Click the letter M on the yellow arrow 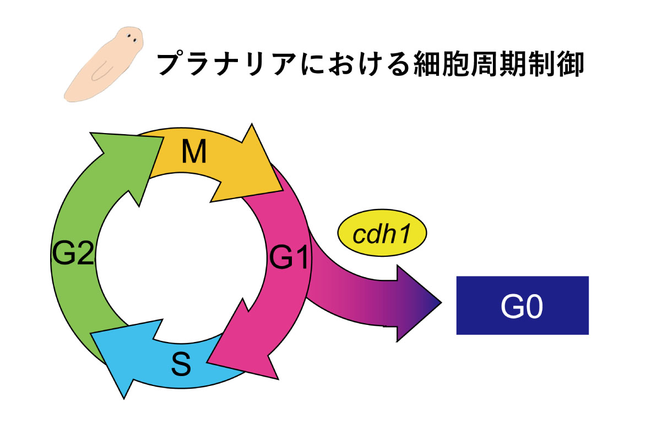pyautogui.click(x=194, y=152)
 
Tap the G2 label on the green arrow pyautogui.click(x=73, y=252)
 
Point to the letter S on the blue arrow pyautogui.click(x=181, y=363)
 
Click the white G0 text pyautogui.click(x=522, y=306)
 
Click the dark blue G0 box pyautogui.click(x=523, y=305)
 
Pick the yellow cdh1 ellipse pyautogui.click(x=382, y=233)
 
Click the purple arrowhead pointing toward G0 pyautogui.click(x=416, y=303)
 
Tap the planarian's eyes pyautogui.click(x=132, y=37)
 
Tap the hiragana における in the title pyautogui.click(x=355, y=64)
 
